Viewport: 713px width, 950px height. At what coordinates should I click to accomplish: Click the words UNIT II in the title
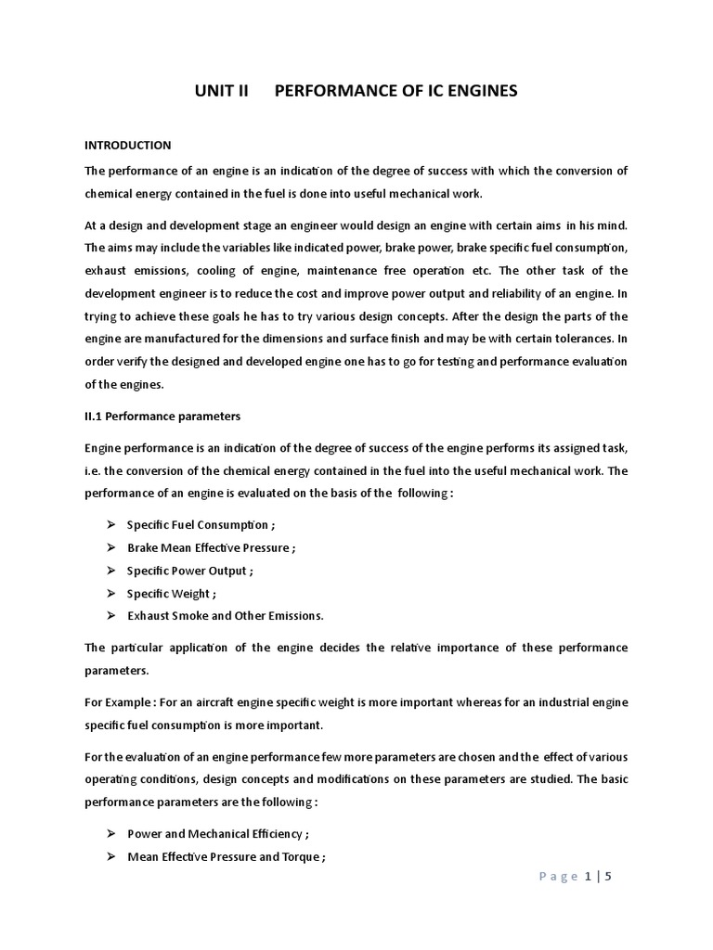(x=223, y=91)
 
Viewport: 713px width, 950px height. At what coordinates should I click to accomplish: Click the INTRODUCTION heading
(x=128, y=145)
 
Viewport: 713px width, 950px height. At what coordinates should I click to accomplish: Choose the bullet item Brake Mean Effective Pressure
(x=211, y=547)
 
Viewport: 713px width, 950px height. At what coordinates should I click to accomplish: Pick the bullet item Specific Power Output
(x=189, y=571)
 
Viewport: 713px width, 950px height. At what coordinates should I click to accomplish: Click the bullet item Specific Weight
(x=173, y=593)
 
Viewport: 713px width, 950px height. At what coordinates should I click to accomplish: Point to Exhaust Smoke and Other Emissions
(x=226, y=616)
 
